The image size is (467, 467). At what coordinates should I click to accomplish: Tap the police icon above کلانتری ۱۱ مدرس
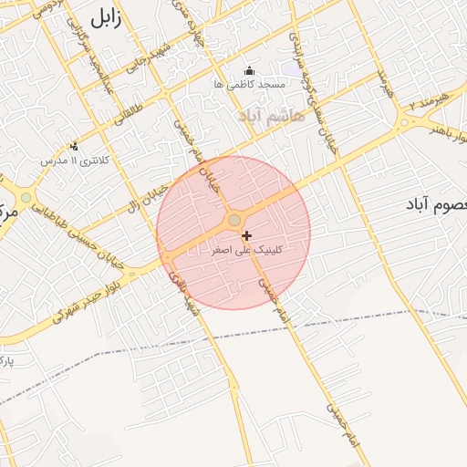click(x=74, y=146)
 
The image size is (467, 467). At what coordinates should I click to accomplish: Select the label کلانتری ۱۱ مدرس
click(x=74, y=161)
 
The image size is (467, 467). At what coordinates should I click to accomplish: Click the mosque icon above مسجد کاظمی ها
click(x=251, y=71)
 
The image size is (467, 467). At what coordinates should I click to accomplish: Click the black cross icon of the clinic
click(x=246, y=235)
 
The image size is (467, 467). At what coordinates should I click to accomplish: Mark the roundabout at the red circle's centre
click(x=234, y=220)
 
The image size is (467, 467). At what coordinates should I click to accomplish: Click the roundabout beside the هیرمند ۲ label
click(x=404, y=122)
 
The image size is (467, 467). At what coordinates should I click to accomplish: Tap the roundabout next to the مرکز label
click(x=26, y=197)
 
